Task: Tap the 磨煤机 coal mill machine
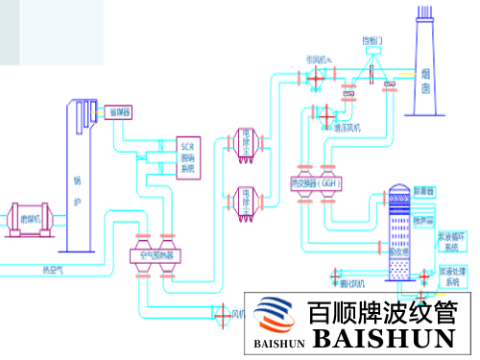31,220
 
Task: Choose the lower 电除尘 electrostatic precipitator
246,202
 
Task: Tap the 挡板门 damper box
371,41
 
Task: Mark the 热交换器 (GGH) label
317,182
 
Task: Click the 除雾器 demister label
424,192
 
